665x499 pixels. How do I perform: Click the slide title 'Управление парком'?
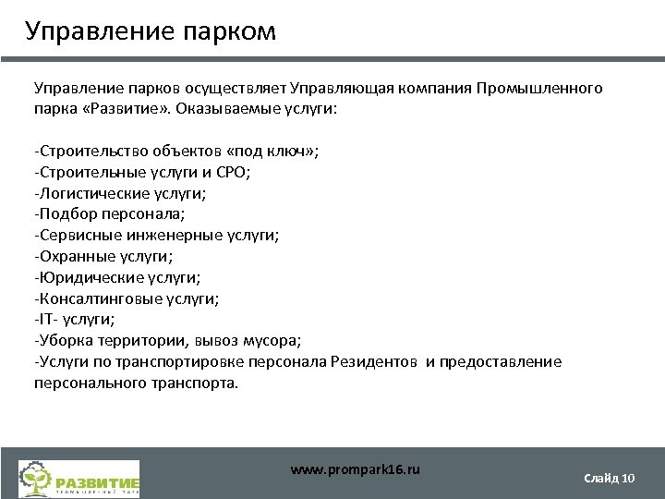tap(151, 32)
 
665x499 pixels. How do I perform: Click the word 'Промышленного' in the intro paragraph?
tap(540, 88)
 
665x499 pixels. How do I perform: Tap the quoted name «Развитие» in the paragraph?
tap(113, 109)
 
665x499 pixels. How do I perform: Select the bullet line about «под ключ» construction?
tap(176, 151)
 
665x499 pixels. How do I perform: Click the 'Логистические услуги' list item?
tap(120, 193)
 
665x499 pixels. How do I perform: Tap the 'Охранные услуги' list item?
tap(103, 257)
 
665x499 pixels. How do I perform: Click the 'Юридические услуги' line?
tap(117, 278)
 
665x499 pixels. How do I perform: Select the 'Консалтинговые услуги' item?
tap(127, 299)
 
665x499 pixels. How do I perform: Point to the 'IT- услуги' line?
tap(75, 320)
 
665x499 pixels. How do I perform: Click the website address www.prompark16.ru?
tap(356, 469)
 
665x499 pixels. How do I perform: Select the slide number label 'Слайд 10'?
tap(609, 478)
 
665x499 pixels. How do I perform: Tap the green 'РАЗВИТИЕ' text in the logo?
tap(97, 481)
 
